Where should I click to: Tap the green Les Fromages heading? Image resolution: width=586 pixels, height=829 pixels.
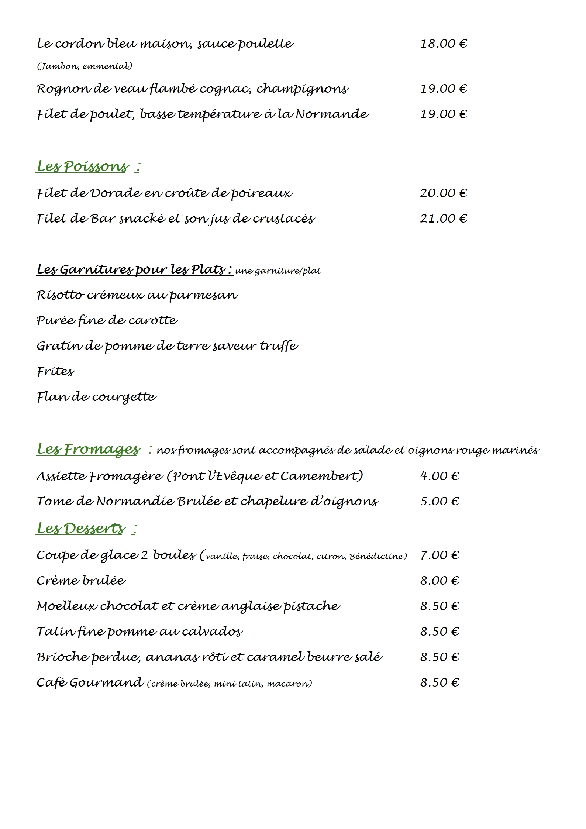[x=88, y=449]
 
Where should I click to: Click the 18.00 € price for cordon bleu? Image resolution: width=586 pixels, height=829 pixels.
[x=444, y=44]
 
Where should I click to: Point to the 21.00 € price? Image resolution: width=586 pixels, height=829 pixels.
[x=444, y=219]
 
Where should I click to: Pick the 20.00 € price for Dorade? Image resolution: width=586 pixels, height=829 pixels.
[x=444, y=193]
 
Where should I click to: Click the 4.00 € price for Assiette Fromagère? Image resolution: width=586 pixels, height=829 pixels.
[x=439, y=476]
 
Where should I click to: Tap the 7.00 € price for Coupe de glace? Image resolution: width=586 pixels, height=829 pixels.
[x=439, y=555]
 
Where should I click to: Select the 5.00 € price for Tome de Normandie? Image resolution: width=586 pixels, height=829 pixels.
[x=439, y=501]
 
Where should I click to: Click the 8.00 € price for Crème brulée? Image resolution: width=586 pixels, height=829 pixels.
[x=439, y=581]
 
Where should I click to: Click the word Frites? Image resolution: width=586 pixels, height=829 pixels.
[x=55, y=371]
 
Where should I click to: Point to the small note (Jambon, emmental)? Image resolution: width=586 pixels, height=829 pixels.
[x=85, y=66]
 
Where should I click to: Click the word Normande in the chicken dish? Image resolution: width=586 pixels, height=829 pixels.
[x=332, y=114]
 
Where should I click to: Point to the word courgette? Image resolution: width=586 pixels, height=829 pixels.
[x=124, y=397]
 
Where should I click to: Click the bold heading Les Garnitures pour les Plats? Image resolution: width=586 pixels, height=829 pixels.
[x=135, y=270]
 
